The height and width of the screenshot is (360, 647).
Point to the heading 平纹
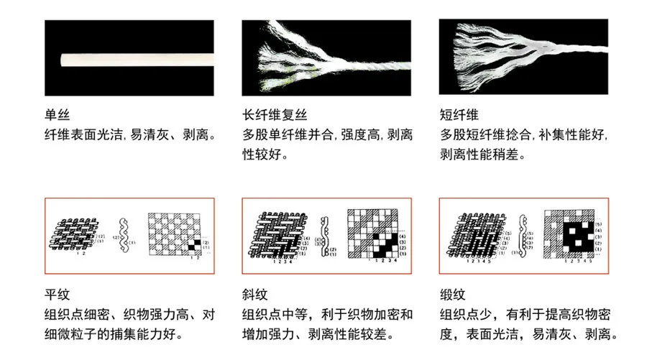tap(56, 295)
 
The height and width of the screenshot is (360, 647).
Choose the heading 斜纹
tap(254, 295)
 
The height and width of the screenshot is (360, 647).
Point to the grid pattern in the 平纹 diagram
tap(175, 234)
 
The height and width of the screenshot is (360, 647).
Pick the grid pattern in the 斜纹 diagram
tap(372, 234)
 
